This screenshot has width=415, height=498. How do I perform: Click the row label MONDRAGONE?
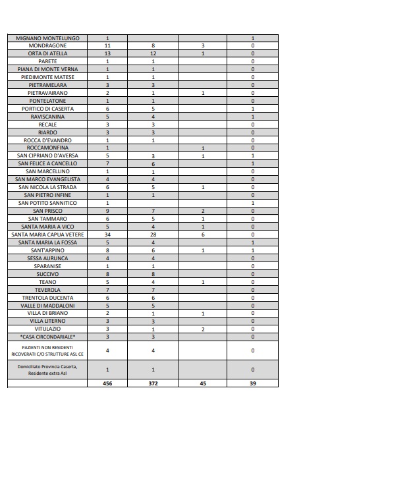pyautogui.click(x=47, y=46)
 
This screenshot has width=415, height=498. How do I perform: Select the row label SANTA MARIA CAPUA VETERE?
pyautogui.click(x=47, y=235)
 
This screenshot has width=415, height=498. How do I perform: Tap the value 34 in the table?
pyautogui.click(x=107, y=235)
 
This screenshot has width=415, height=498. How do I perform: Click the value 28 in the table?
pyautogui.click(x=153, y=235)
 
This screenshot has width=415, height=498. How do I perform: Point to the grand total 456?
pyautogui.click(x=107, y=383)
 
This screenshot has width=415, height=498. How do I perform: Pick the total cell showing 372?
pyautogui.click(x=153, y=383)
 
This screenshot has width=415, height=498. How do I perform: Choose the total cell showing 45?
pyautogui.click(x=203, y=383)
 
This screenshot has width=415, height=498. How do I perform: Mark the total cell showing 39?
pyautogui.click(x=253, y=383)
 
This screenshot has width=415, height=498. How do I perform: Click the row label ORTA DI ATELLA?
pyautogui.click(x=47, y=54)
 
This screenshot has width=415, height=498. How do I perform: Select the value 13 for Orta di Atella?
pyautogui.click(x=107, y=54)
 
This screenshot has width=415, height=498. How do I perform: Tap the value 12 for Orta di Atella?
pyautogui.click(x=153, y=54)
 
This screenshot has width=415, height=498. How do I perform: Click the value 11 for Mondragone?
pyautogui.click(x=107, y=46)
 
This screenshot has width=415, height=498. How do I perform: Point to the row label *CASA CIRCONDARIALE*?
pyautogui.click(x=47, y=337)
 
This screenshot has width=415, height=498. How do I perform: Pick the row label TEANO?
pyautogui.click(x=47, y=282)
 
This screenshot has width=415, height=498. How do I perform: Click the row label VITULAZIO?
pyautogui.click(x=47, y=329)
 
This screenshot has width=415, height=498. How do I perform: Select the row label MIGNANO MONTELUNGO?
pyautogui.click(x=47, y=38)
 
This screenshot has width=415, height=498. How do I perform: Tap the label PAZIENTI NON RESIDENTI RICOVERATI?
pyautogui.click(x=47, y=350)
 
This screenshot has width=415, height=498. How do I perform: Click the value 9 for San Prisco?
pyautogui.click(x=107, y=211)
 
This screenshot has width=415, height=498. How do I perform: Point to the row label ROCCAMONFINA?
pyautogui.click(x=47, y=148)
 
